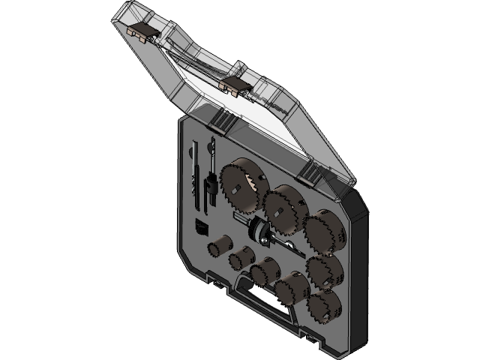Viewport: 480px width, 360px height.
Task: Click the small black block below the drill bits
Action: (x=202, y=227)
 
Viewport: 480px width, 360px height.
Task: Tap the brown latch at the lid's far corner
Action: (x=141, y=31)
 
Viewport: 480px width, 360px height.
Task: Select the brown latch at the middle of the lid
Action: (x=235, y=83)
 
